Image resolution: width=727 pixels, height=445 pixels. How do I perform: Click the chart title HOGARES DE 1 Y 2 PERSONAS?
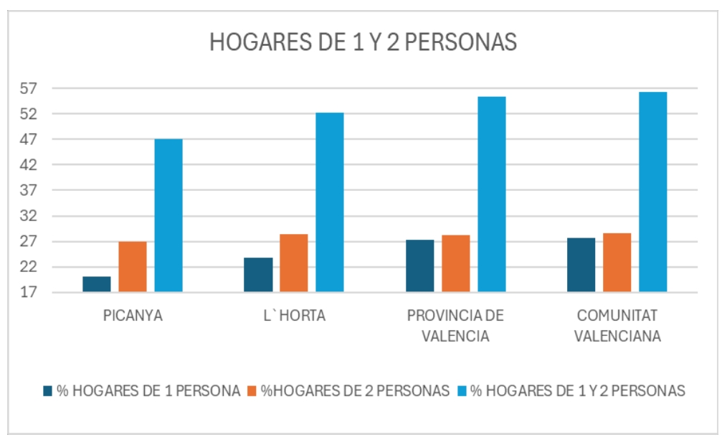pos(363,43)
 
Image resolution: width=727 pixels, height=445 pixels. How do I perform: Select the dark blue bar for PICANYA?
pos(97,284)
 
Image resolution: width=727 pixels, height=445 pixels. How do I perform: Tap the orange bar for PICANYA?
pos(133,267)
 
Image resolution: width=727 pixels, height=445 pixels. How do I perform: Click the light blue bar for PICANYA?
pos(168,215)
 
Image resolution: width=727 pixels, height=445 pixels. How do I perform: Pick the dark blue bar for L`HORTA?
pos(258,275)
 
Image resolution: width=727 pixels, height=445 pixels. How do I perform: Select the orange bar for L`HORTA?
pos(294,263)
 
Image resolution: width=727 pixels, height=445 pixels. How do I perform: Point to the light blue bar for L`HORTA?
pos(330,202)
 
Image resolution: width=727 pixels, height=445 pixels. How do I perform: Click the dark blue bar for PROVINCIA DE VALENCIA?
pos(419,266)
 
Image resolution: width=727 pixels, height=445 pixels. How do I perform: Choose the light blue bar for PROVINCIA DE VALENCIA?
pos(492,195)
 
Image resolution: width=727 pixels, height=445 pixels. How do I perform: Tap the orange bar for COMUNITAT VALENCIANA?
pos(617,263)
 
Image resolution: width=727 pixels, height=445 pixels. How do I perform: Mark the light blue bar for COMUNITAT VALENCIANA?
pos(653,192)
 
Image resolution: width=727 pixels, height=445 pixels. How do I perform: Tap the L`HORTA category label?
pos(294,317)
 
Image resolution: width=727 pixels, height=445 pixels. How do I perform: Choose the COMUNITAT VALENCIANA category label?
pos(617,326)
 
